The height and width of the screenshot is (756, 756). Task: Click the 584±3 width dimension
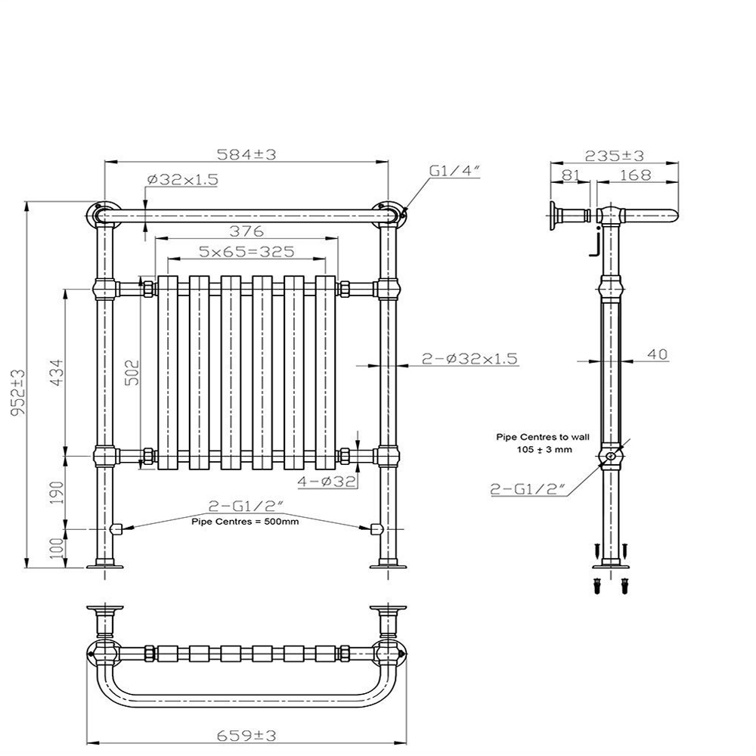pyautogui.click(x=246, y=154)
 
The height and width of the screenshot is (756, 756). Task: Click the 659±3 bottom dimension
pyautogui.click(x=246, y=734)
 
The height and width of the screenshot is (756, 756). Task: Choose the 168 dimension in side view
pyautogui.click(x=635, y=175)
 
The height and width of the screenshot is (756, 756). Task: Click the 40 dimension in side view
pyautogui.click(x=658, y=355)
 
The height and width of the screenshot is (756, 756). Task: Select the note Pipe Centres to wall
pyautogui.click(x=533, y=437)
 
